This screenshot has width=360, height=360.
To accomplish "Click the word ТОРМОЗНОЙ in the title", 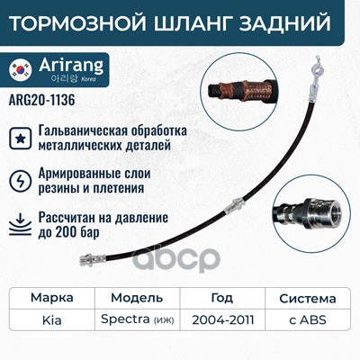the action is click(x=78, y=22).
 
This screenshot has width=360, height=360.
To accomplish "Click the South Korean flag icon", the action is click(x=21, y=69).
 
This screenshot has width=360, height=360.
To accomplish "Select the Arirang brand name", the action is click(x=71, y=65).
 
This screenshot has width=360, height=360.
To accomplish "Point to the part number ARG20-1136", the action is click(x=42, y=100).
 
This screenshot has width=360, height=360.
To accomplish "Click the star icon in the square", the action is click(x=20, y=139).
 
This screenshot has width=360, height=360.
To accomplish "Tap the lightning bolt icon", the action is click(x=20, y=181).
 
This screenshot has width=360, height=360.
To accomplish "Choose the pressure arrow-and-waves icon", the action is click(x=20, y=224).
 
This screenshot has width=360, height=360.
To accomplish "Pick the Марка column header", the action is click(x=52, y=298).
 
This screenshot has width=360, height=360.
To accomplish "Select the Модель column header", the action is click(x=137, y=298).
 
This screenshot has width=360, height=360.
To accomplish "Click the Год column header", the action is click(x=222, y=298).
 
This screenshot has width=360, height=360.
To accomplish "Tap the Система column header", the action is click(x=308, y=299).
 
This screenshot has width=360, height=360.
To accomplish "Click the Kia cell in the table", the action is click(x=52, y=320).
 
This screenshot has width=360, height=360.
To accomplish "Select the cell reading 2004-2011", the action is click(x=223, y=320).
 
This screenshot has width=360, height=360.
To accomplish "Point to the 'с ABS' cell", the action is click(x=308, y=320).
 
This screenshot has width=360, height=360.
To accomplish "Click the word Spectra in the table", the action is click(x=125, y=319).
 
